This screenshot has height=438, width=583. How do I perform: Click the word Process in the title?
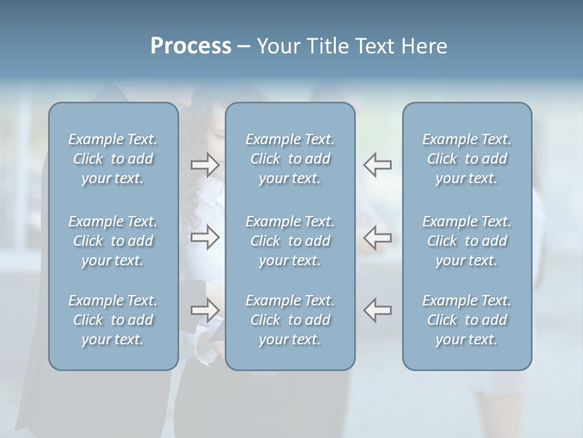click(191, 46)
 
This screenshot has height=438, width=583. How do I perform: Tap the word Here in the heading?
click(424, 46)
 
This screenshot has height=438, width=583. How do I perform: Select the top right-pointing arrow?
click(205, 165)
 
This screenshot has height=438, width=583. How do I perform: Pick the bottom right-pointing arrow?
click(205, 310)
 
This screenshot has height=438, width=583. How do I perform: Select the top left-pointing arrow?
click(377, 165)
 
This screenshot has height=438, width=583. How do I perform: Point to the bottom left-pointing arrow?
click(377, 310)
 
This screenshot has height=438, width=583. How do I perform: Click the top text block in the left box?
click(113, 159)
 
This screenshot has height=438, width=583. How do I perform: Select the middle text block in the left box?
click(113, 241)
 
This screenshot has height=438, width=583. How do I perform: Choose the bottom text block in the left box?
click(113, 320)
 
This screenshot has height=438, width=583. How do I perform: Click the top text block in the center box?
click(290, 159)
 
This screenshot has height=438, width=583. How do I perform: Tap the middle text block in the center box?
click(290, 241)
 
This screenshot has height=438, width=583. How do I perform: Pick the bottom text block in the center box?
click(290, 320)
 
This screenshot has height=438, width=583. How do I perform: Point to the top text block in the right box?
click(467, 159)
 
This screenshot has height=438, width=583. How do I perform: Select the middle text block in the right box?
click(467, 241)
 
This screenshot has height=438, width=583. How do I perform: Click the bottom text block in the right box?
click(467, 320)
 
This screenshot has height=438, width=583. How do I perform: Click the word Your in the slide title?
click(276, 46)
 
